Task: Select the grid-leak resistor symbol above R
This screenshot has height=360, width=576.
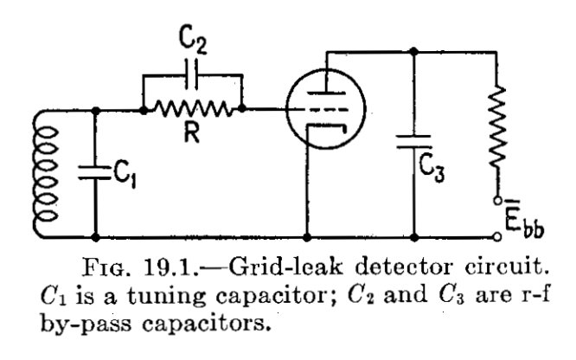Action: click(x=193, y=110)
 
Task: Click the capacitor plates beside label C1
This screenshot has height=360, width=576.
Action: click(x=96, y=170)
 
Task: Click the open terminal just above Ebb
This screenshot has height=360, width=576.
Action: click(x=496, y=200)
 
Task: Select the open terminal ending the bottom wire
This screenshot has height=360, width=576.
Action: click(x=496, y=235)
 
